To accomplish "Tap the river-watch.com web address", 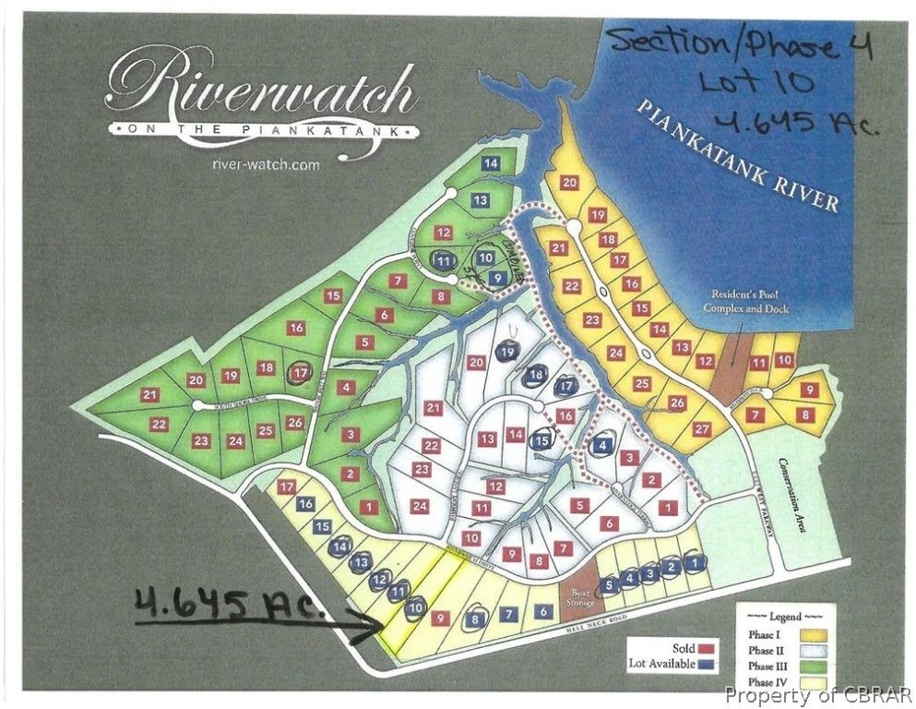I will pos(265,164).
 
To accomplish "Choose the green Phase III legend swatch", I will pos(806,666).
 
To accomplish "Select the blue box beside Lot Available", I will pos(708,663).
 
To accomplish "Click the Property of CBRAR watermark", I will pos(818,694).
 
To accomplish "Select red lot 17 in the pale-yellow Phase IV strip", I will pos(287,487).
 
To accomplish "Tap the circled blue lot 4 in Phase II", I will pos(602,443).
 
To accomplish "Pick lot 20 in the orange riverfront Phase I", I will pos(569,183).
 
